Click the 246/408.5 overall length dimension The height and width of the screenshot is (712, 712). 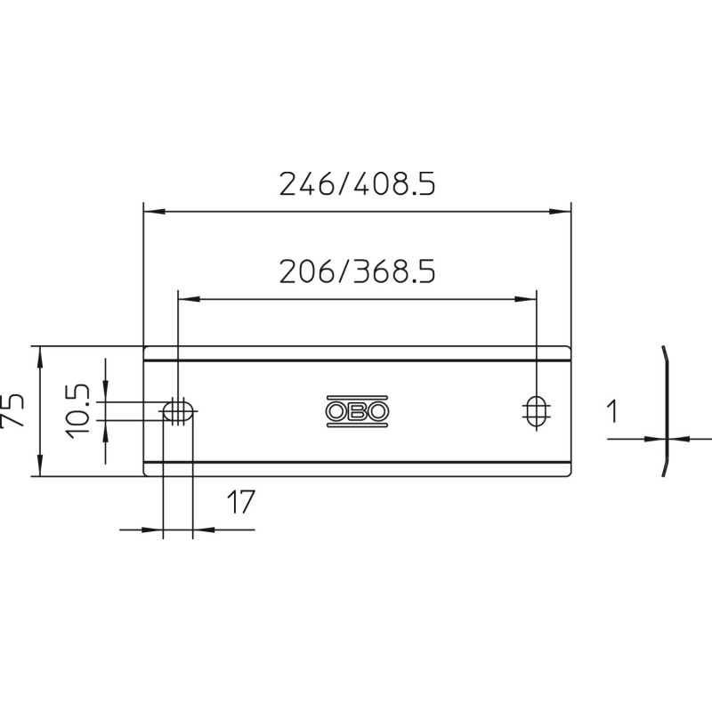pyautogui.click(x=358, y=184)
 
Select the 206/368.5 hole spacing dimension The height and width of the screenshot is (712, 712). pyautogui.click(x=358, y=271)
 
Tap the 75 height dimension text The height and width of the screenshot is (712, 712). pyautogui.click(x=12, y=410)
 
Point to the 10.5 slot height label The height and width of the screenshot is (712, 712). pyautogui.click(x=78, y=411)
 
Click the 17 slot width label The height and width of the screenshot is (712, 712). pyautogui.click(x=240, y=502)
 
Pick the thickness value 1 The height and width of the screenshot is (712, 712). pyautogui.click(x=613, y=411)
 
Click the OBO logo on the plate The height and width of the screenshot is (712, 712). pyautogui.click(x=358, y=411)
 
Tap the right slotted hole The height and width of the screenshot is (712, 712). pyautogui.click(x=537, y=411)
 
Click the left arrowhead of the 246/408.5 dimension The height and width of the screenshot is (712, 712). pyautogui.click(x=154, y=212)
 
